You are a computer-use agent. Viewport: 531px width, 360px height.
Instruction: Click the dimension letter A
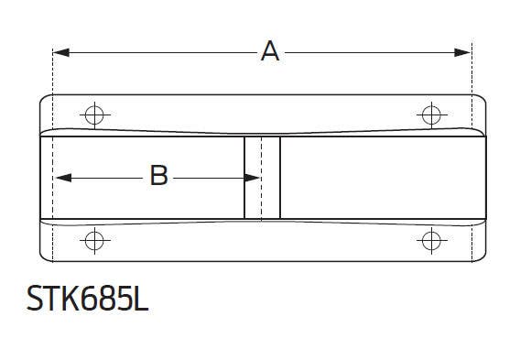[270, 52]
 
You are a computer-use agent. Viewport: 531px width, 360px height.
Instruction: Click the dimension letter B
[158, 176]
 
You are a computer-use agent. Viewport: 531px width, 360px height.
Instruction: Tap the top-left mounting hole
[92, 115]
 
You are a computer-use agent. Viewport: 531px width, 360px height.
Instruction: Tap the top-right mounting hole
[430, 115]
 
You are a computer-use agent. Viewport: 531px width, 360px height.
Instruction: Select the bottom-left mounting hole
[92, 241]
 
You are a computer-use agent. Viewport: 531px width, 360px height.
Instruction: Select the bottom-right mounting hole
[430, 241]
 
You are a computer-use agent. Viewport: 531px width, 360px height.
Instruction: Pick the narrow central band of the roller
[262, 178]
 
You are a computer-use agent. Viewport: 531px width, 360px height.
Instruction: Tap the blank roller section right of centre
[375, 178]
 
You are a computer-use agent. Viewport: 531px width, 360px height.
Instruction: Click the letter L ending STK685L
[140, 300]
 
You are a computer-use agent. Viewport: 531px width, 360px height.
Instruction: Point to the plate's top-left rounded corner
[44, 98]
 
